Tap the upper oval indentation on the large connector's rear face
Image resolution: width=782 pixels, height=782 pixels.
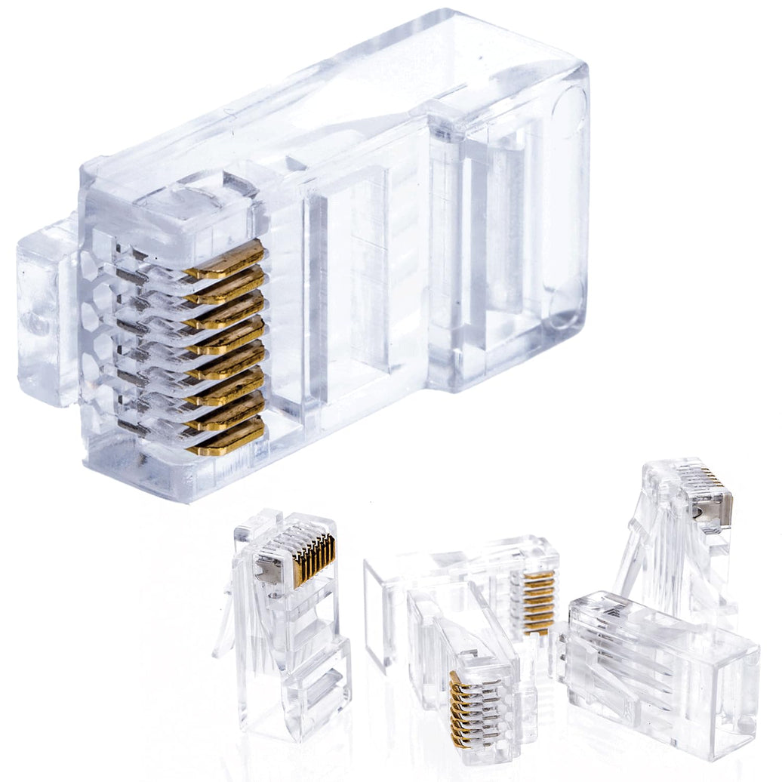click(570, 113)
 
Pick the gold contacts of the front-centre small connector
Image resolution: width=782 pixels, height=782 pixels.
click(464, 710)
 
